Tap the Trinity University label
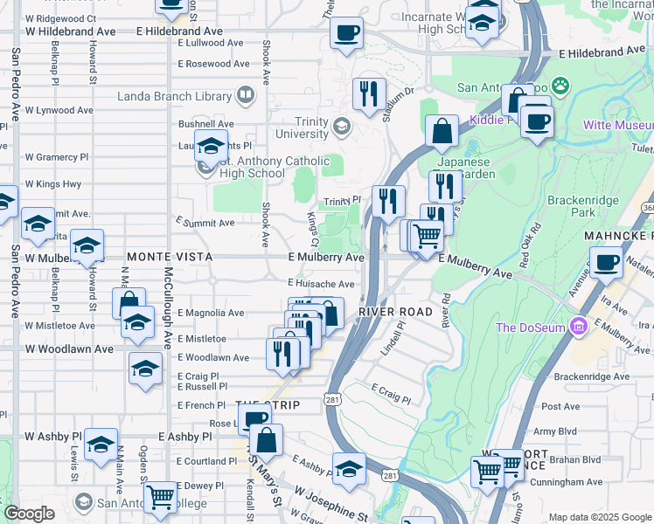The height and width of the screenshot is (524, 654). [x=303, y=128]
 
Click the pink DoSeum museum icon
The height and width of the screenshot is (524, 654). [x=577, y=327]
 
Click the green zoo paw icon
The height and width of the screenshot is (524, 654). [x=560, y=86]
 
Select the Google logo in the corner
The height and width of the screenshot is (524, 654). [x=28, y=514]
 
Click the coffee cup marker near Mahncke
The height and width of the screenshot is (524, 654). [x=606, y=262]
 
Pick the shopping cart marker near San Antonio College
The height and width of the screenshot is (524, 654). [x=160, y=497]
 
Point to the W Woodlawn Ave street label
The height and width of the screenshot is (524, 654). [x=69, y=349]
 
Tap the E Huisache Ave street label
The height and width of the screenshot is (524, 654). [x=321, y=284]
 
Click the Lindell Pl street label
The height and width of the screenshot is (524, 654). [x=393, y=335]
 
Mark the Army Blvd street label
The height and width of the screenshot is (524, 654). [x=555, y=431]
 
